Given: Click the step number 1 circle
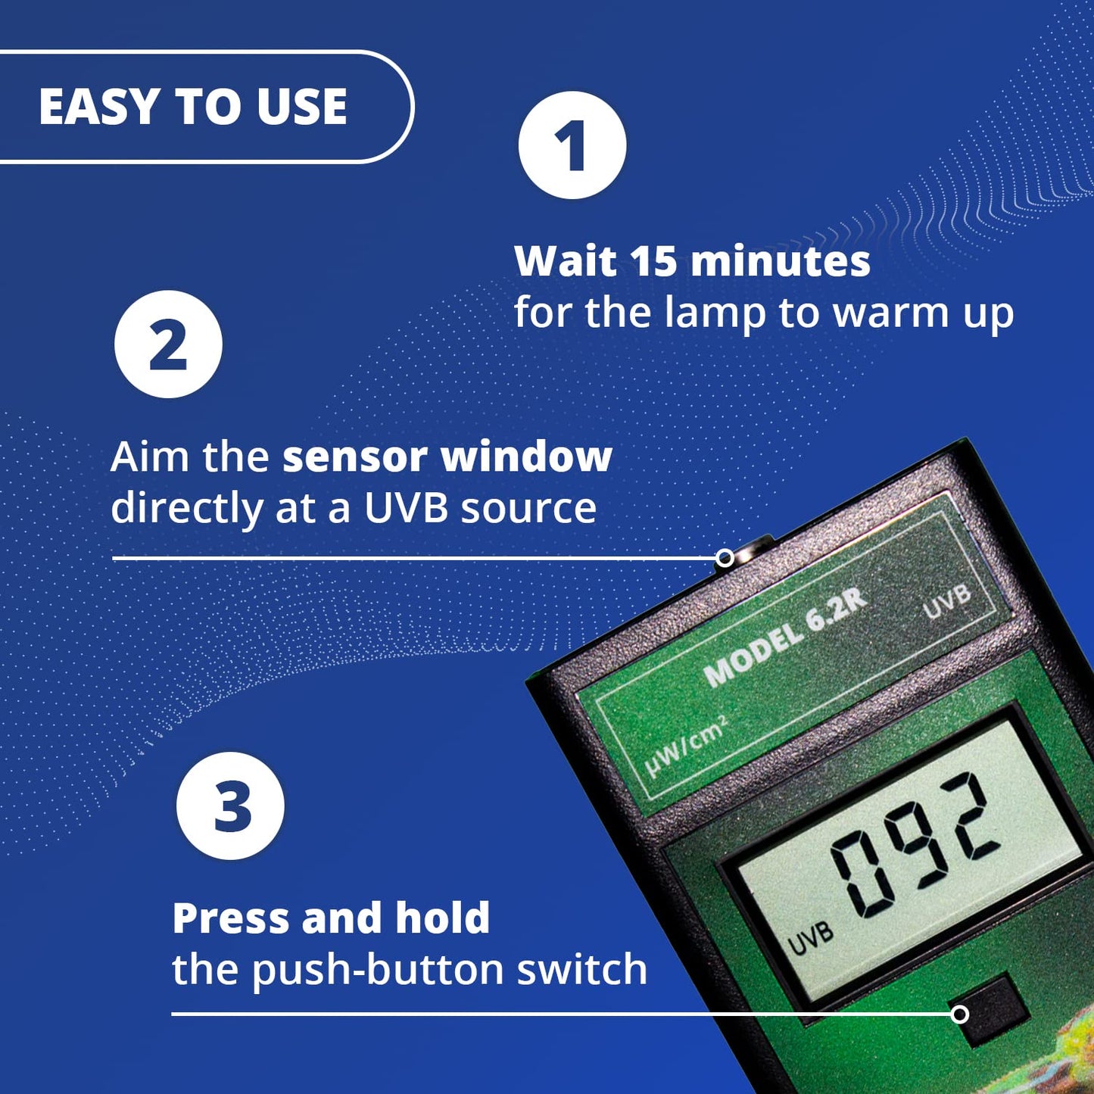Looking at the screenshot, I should [x=572, y=145].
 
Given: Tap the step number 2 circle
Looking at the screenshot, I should [x=168, y=344].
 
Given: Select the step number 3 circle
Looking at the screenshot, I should [x=230, y=806].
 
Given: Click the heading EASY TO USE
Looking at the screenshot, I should [x=193, y=107].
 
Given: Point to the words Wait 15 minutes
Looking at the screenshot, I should [x=692, y=262].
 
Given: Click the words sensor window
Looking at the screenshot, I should [x=447, y=457].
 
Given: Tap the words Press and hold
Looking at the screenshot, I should [x=331, y=918].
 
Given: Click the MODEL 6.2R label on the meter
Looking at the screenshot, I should [x=785, y=637].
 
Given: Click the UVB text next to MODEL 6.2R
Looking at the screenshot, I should [x=947, y=600].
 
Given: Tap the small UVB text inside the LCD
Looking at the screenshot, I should [x=810, y=939].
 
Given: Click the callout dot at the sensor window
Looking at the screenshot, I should [x=725, y=559].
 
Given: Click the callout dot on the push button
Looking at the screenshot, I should [x=959, y=1014].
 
